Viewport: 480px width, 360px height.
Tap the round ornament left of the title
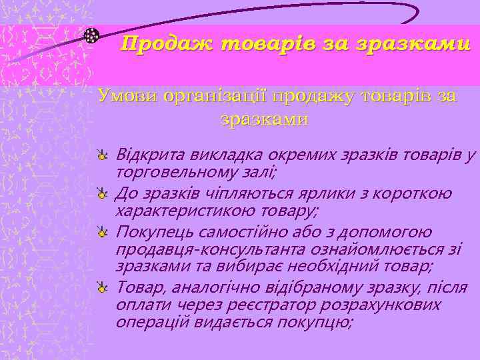[x=92, y=35]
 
